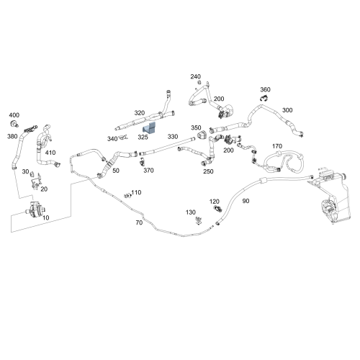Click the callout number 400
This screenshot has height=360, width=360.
point(14,115)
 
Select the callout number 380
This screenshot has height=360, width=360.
point(12,136)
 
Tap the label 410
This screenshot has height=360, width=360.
point(50,153)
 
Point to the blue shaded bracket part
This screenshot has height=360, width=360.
point(149,127)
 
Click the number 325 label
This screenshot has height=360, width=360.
point(143,137)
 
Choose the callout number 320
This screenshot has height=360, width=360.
point(140,113)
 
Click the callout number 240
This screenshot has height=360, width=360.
point(196,76)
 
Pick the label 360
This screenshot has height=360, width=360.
point(265,89)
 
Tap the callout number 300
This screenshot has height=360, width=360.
point(287,110)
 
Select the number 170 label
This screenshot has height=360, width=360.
point(277,146)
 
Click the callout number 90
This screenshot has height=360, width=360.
point(246,201)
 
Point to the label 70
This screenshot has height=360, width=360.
point(139,222)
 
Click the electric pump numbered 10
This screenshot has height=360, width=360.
point(35,210)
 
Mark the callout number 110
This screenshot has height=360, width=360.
point(136,192)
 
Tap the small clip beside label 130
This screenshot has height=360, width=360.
point(199,220)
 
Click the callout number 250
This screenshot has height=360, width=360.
point(208,171)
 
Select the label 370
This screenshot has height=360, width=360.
point(148,171)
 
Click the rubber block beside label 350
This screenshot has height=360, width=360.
point(202,135)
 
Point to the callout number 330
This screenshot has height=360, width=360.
point(173,137)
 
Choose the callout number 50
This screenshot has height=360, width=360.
point(116,171)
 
